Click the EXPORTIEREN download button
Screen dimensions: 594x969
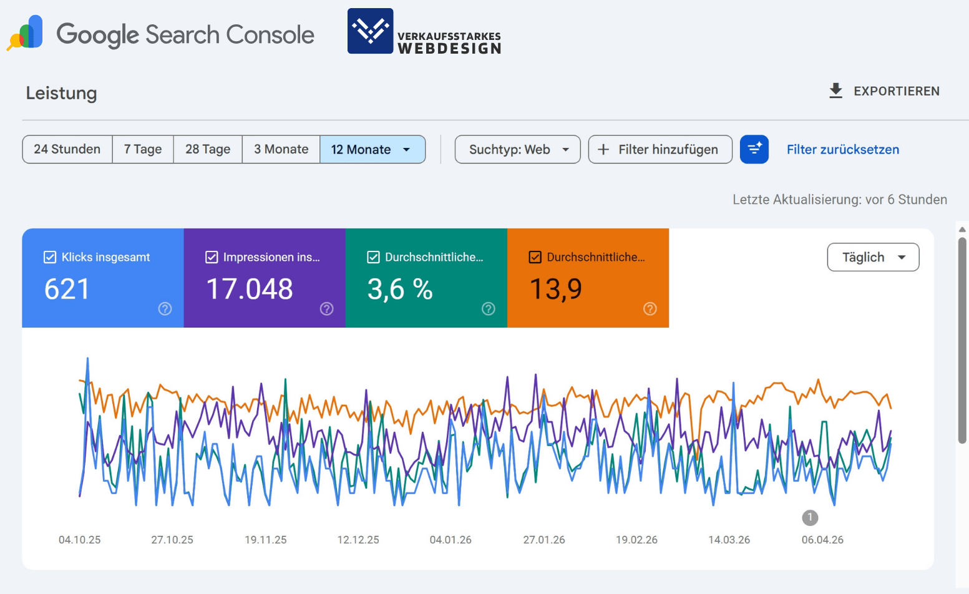(x=884, y=91)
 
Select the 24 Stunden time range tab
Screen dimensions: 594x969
(x=67, y=150)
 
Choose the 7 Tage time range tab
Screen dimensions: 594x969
(x=143, y=150)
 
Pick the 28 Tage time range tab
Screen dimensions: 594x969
(x=208, y=150)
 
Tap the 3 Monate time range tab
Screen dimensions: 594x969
(x=281, y=150)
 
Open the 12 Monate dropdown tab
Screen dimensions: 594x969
(x=373, y=150)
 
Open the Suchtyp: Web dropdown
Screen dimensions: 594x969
(x=517, y=150)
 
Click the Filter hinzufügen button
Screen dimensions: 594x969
(x=660, y=150)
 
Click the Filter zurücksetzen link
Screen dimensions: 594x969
(x=842, y=150)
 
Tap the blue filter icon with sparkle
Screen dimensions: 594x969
(x=754, y=150)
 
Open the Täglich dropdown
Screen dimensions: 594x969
(x=872, y=257)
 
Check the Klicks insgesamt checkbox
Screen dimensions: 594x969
(x=50, y=257)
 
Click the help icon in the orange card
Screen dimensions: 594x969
(x=650, y=309)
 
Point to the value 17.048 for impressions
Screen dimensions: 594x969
(x=250, y=290)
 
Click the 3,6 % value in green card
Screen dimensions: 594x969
(x=400, y=290)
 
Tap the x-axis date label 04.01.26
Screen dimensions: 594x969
(x=450, y=540)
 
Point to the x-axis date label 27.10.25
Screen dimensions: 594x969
(x=172, y=540)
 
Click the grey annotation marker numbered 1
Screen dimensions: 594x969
(x=810, y=517)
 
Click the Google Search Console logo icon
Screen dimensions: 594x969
(x=26, y=33)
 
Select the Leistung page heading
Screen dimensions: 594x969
(x=61, y=93)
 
